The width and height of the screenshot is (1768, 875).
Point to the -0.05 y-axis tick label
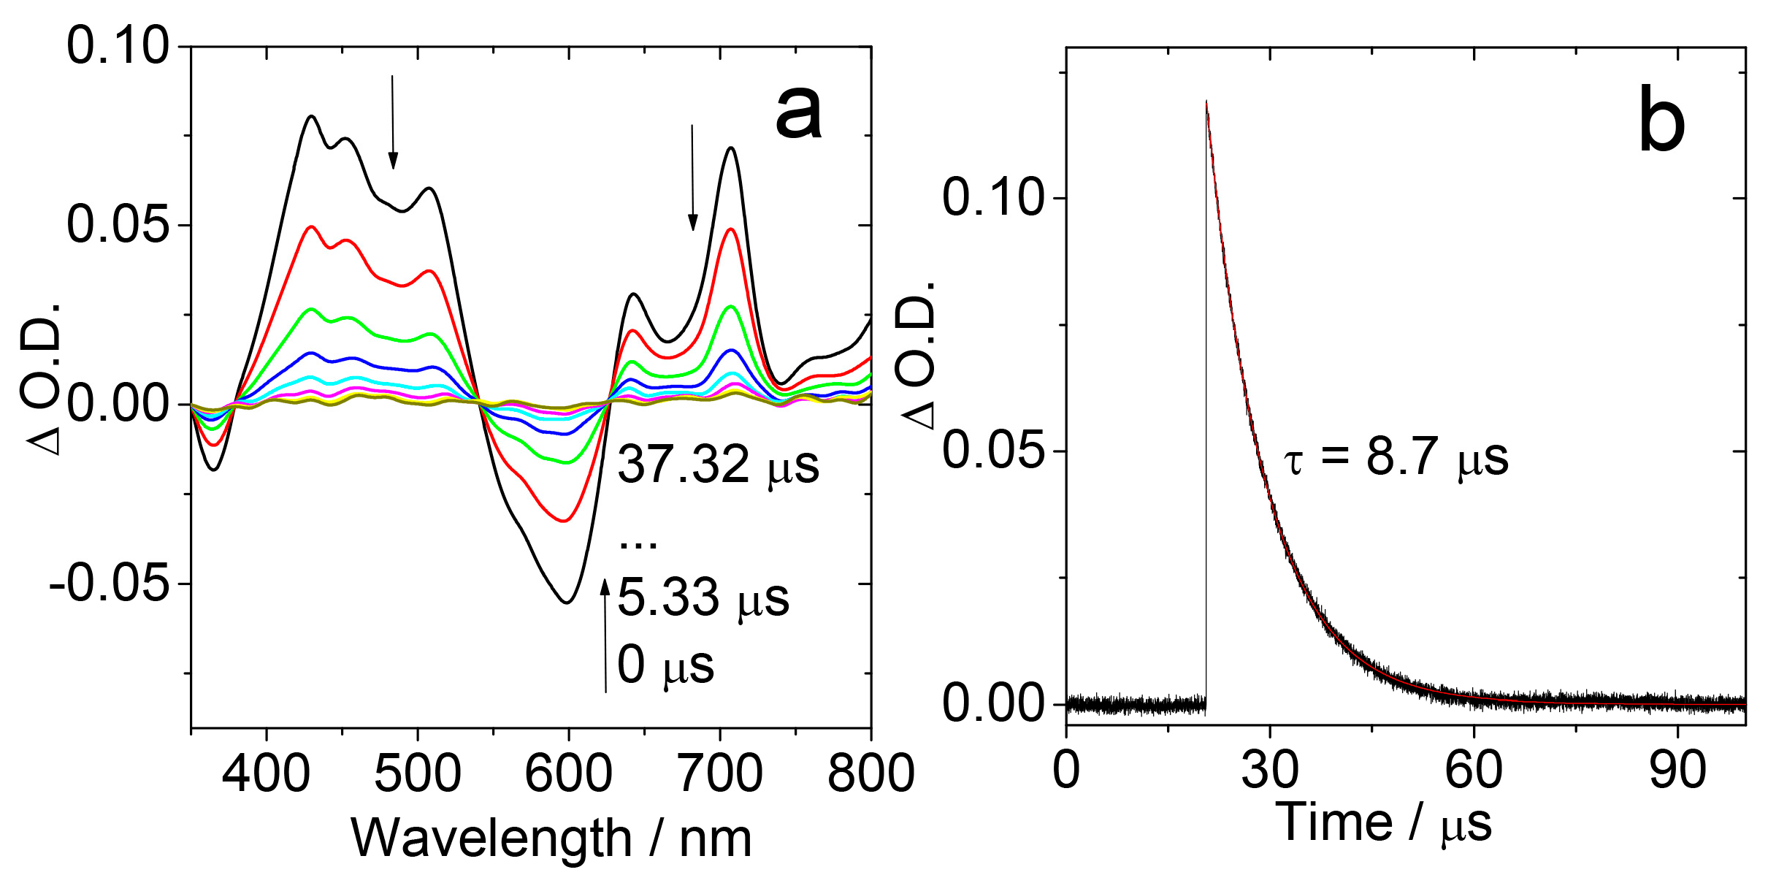110,584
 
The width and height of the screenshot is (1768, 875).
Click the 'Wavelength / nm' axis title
551,838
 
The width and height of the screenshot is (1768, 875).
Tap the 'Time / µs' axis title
1382,824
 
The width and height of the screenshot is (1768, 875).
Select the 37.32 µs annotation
718,465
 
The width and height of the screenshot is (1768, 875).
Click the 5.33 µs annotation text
703,598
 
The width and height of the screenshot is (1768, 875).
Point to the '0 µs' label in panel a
665,665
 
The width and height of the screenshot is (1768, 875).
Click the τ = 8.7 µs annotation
1396,458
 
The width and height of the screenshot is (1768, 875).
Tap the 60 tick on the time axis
1473,770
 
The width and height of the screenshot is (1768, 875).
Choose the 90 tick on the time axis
1677,770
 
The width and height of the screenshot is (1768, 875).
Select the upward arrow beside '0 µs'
605,635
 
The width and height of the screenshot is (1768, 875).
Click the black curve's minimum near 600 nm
567,602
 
